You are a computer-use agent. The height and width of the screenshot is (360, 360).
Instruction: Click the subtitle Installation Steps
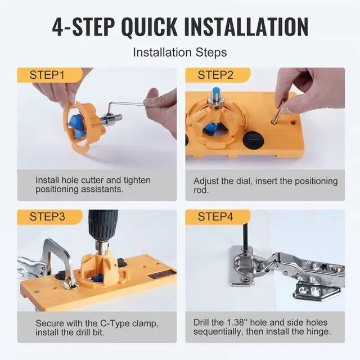coord(179,52)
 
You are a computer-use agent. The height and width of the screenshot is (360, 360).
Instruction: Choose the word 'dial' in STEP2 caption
coord(247,181)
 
